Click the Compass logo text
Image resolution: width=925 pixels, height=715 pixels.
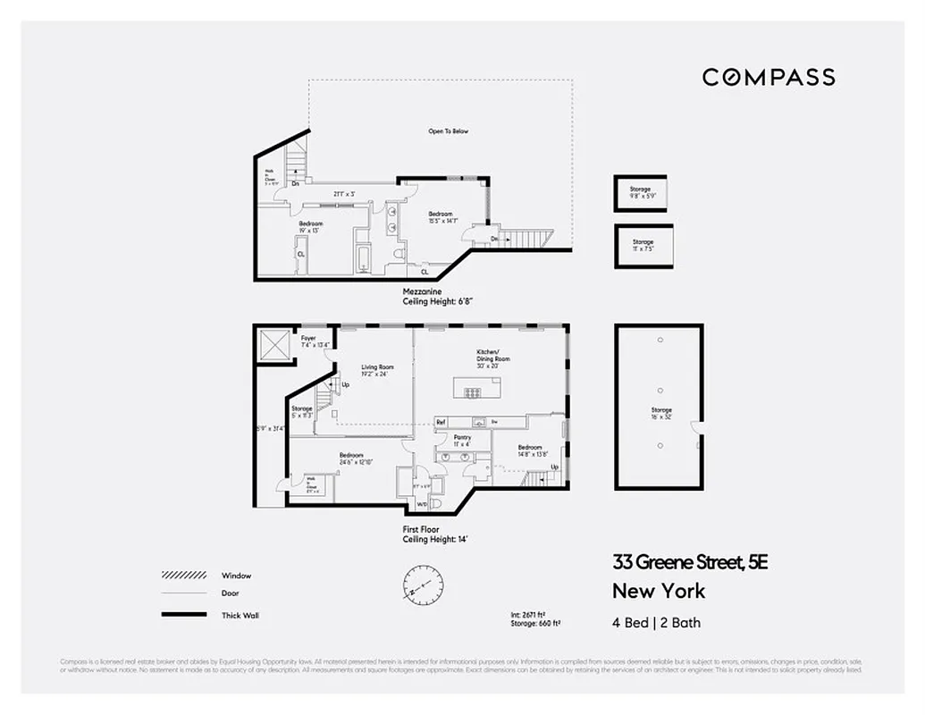point(769,77)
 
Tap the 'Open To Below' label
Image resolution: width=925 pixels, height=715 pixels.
point(448,131)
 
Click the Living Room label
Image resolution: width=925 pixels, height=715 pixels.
point(377,370)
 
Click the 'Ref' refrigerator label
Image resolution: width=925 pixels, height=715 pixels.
point(441,422)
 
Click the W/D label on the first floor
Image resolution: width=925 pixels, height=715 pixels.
point(422,505)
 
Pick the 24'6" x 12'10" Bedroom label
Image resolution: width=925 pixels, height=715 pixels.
point(351,458)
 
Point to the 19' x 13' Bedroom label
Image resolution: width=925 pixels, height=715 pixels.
point(311,226)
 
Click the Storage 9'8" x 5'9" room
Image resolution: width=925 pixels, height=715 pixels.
point(640,192)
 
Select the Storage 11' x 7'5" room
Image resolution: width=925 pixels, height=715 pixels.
point(643,245)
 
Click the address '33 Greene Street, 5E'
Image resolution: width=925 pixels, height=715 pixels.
point(690,562)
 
